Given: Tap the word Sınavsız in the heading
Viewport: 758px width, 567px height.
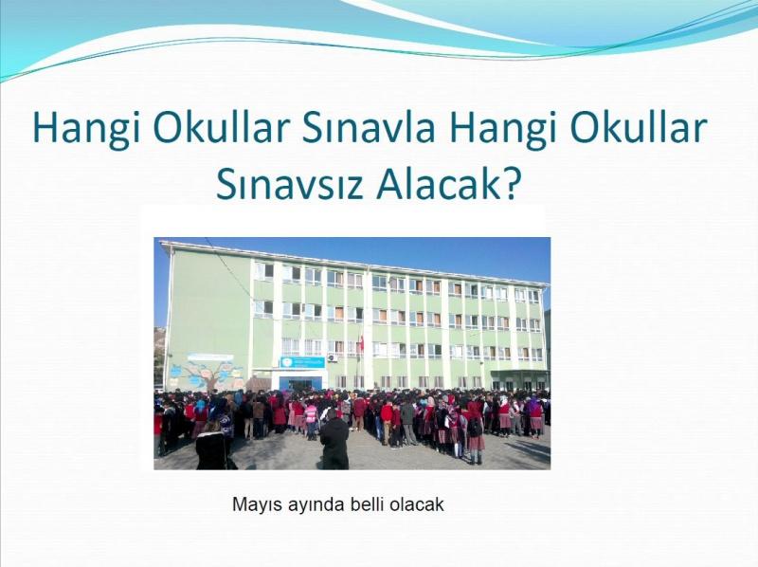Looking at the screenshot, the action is click(289, 184).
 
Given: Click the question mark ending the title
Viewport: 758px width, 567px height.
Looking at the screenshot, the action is click(511, 184).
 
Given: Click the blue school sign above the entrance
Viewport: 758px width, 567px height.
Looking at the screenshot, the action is click(302, 362).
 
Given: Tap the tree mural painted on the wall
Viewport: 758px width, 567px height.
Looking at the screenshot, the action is click(207, 371).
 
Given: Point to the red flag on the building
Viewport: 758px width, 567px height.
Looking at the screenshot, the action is click(361, 343).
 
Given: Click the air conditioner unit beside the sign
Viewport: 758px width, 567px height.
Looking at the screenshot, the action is click(333, 358).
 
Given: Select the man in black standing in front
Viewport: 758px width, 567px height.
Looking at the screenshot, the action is click(334, 439).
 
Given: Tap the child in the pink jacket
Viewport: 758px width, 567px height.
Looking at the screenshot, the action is click(311, 419).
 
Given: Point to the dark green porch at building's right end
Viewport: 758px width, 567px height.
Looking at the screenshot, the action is click(519, 379).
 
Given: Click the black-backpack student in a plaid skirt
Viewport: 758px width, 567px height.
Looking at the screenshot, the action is click(476, 434).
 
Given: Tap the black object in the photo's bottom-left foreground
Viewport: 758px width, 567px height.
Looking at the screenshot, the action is click(211, 451).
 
